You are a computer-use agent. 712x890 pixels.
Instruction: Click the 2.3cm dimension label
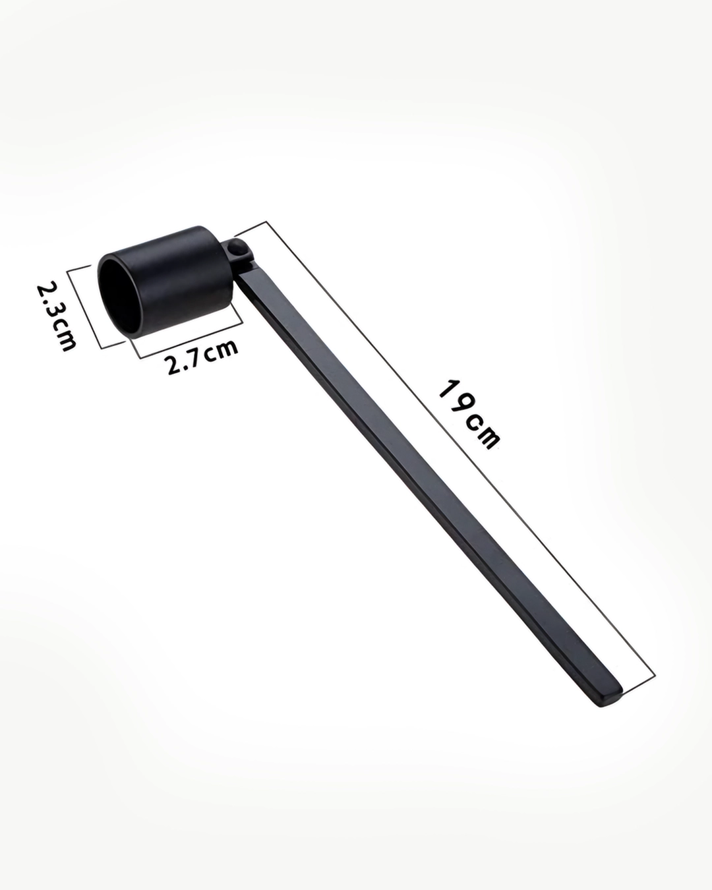[x=57, y=316]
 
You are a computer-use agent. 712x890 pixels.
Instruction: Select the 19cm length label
[x=469, y=414]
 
